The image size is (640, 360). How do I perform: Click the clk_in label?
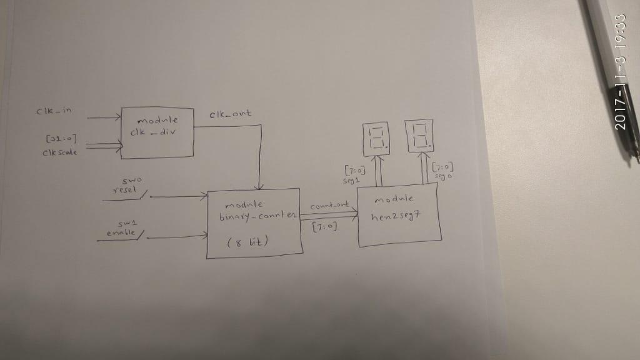[x=54, y=112]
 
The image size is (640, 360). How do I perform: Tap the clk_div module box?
[x=158, y=131]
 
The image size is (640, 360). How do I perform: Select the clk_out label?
[x=231, y=114]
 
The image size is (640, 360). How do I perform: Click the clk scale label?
[x=59, y=152]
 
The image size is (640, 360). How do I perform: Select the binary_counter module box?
[x=254, y=223]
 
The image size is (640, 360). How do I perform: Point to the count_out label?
[x=329, y=206]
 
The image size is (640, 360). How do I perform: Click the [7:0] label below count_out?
[x=324, y=227]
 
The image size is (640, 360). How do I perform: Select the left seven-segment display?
[x=377, y=139]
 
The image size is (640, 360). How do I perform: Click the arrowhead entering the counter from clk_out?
[x=261, y=186]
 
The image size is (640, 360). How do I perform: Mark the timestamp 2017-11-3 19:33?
[x=620, y=72]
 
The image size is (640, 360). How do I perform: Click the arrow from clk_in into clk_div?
[x=104, y=117]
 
